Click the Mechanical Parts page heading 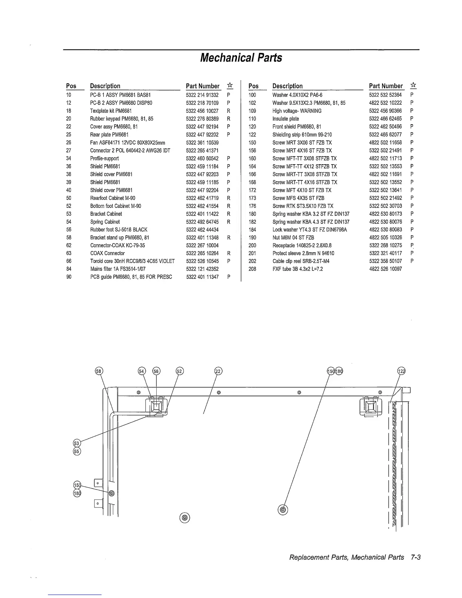241,58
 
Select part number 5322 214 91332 202,95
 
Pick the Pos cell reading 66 69,261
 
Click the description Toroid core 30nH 132,261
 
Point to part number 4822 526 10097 385,269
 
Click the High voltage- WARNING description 297,111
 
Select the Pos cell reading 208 253,269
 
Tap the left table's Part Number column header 202,86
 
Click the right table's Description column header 287,86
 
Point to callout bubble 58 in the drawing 99,371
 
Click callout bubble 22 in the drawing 218,371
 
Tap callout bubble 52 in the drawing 180,371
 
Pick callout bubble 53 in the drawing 77,443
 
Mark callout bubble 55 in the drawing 77,451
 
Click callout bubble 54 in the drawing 142,371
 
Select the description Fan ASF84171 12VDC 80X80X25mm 128,142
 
